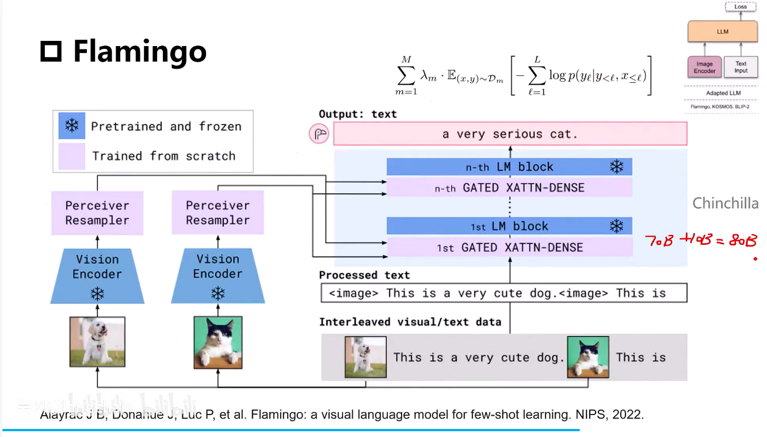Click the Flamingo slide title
pos(139,51)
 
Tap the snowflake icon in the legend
pos(72,126)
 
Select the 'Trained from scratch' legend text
pos(163,156)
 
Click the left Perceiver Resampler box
pos(97,213)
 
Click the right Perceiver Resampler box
pos(217,213)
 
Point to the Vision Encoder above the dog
pos(97,275)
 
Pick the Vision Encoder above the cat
pos(217,275)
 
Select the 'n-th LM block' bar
pos(509,167)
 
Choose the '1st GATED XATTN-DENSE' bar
pos(509,248)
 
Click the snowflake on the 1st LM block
pos(616,226)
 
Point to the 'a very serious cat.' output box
pos(510,134)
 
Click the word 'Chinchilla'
pos(725,203)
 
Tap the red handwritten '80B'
pos(743,241)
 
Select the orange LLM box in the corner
pos(723,32)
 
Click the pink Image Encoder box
pos(704,67)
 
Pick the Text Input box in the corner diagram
pos(741,67)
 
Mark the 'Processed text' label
pos(364,275)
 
